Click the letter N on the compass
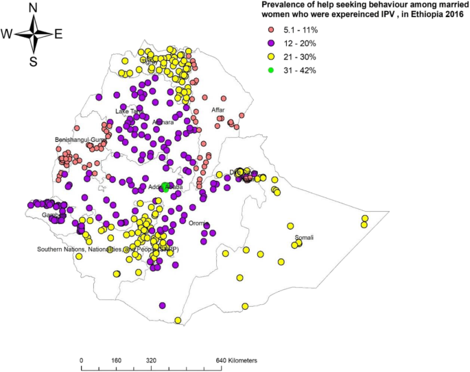point(33,8)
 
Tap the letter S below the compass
point(33,62)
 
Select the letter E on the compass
point(58,34)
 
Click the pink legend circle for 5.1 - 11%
point(270,30)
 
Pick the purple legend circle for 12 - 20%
point(270,43)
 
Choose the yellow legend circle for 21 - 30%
point(270,56)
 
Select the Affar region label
point(218,110)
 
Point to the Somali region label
point(303,238)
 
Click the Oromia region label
point(198,223)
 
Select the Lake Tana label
point(128,111)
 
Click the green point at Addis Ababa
point(165,186)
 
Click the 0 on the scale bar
point(82,360)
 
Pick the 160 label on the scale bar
point(116,360)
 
